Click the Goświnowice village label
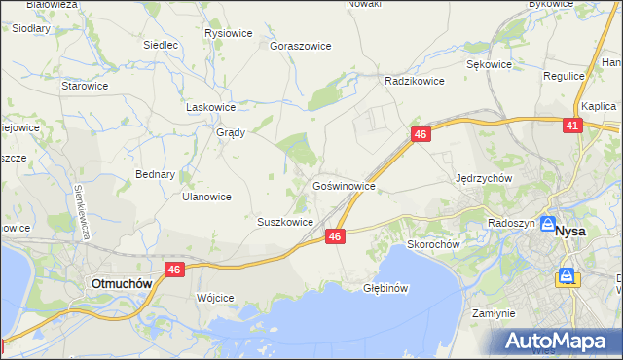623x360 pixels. (x=344, y=184)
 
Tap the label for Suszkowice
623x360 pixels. (x=284, y=222)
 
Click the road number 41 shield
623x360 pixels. (x=572, y=126)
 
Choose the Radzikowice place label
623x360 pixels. (x=415, y=82)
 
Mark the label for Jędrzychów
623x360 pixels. (x=484, y=179)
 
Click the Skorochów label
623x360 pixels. (x=433, y=245)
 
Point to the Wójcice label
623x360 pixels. (x=215, y=298)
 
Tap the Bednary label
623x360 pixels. (x=155, y=175)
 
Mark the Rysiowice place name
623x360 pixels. (x=229, y=33)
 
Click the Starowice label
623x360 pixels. (x=85, y=86)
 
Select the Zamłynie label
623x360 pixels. (x=493, y=314)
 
